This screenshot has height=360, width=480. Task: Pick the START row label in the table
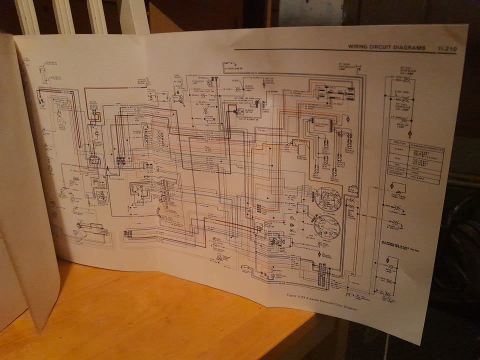[x=399, y=150]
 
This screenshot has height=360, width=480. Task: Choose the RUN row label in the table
[x=399, y=159]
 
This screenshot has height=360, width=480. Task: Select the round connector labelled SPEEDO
[x=327, y=197]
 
